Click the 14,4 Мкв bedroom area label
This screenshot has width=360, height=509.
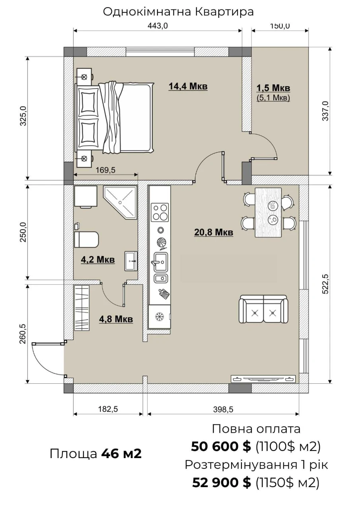click(x=188, y=87)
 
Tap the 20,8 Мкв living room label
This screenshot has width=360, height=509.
click(x=214, y=233)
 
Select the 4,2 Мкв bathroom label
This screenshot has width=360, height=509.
click(x=98, y=260)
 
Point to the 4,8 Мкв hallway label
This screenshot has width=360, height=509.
click(x=116, y=319)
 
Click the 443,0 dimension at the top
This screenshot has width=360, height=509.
click(x=158, y=26)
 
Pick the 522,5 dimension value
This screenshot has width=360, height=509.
click(x=325, y=284)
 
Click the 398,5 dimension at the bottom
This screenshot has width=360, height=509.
click(x=223, y=410)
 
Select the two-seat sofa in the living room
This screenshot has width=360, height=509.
click(x=263, y=309)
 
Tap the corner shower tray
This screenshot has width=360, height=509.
click(x=120, y=202)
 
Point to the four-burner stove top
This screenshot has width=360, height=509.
click(x=160, y=212)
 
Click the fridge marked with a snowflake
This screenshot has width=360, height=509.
click(x=159, y=317)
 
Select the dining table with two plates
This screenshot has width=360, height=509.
click(x=268, y=212)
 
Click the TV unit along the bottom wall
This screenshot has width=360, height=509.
click(x=263, y=379)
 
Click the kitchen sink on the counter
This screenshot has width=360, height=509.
click(x=161, y=262)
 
